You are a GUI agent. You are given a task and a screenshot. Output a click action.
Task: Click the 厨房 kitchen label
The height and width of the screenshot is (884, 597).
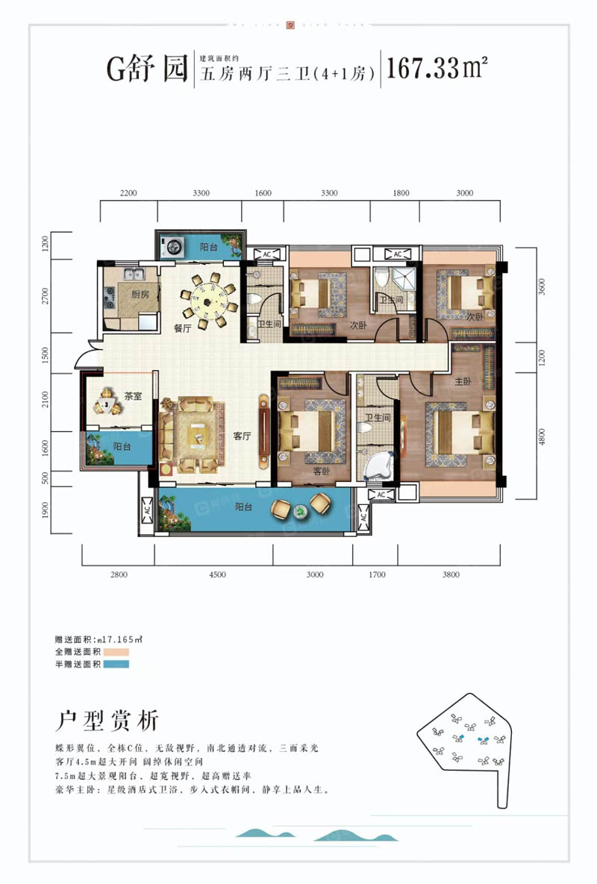pyautogui.click(x=140, y=295)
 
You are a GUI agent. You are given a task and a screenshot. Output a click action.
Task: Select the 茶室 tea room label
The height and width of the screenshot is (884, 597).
pyautogui.click(x=134, y=397)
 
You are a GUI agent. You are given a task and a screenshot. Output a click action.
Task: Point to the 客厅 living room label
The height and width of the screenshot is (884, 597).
pyautogui.click(x=240, y=436)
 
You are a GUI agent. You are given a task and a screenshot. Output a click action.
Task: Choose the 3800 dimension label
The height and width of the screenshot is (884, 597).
pyautogui.click(x=451, y=574)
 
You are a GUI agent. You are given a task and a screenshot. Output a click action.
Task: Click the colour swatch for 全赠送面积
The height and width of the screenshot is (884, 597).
pyautogui.click(x=116, y=652)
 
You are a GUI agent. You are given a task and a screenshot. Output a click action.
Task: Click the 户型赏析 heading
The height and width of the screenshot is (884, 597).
pyautogui.click(x=108, y=721)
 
